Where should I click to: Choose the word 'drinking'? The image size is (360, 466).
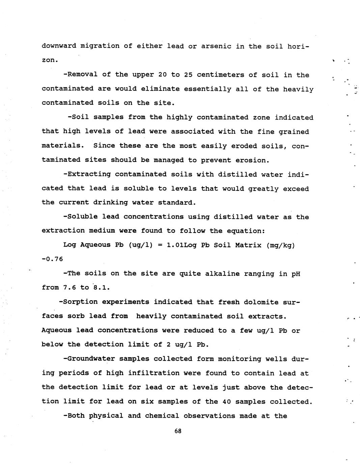110,203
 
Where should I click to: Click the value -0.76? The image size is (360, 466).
52,259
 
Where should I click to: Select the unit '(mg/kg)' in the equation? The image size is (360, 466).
280,245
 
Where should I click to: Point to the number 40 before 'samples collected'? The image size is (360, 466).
227,402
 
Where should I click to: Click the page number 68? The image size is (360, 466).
178,431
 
